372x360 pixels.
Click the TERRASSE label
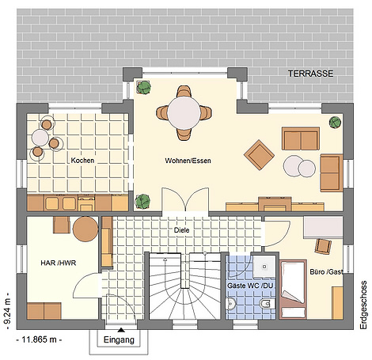[310, 74]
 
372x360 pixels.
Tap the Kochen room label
[82, 160]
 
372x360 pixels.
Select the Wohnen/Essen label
[188, 161]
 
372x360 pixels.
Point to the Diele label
[181, 230]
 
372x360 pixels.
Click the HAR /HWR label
[59, 263]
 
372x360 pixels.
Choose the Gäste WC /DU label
[250, 286]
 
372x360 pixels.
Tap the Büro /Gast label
[326, 271]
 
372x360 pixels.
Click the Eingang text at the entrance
[119, 339]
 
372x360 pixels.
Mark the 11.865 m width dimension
[39, 339]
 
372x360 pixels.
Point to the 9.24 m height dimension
[8, 311]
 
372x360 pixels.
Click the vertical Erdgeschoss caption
[363, 305]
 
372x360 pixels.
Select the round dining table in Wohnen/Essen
[184, 112]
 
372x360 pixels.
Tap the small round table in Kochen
[40, 138]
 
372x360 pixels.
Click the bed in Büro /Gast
[294, 290]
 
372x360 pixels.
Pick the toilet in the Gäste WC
[268, 304]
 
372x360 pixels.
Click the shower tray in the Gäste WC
[264, 267]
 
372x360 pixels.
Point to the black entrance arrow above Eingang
[121, 329]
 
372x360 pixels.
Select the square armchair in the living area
[259, 155]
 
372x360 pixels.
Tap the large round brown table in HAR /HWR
[85, 229]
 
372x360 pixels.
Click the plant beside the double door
[142, 201]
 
